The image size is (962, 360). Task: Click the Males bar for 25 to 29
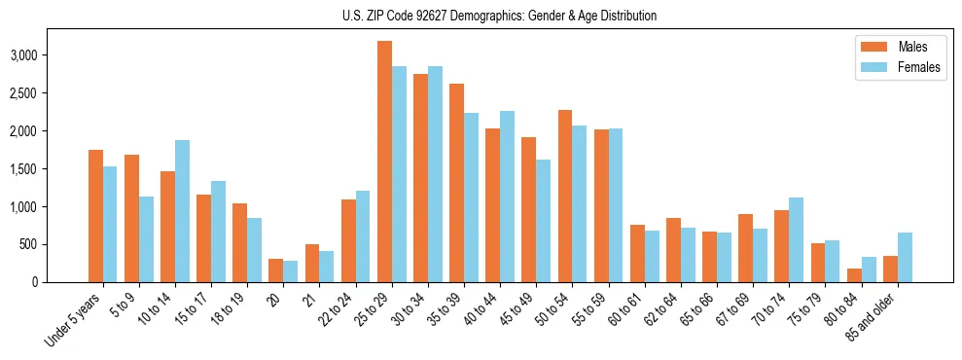click(384, 162)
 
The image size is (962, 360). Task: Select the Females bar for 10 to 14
click(182, 211)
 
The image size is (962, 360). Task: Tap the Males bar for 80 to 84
click(854, 275)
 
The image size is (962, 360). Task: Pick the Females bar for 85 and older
click(905, 258)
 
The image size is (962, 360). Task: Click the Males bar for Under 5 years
click(95, 216)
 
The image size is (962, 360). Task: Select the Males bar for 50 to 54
click(565, 197)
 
